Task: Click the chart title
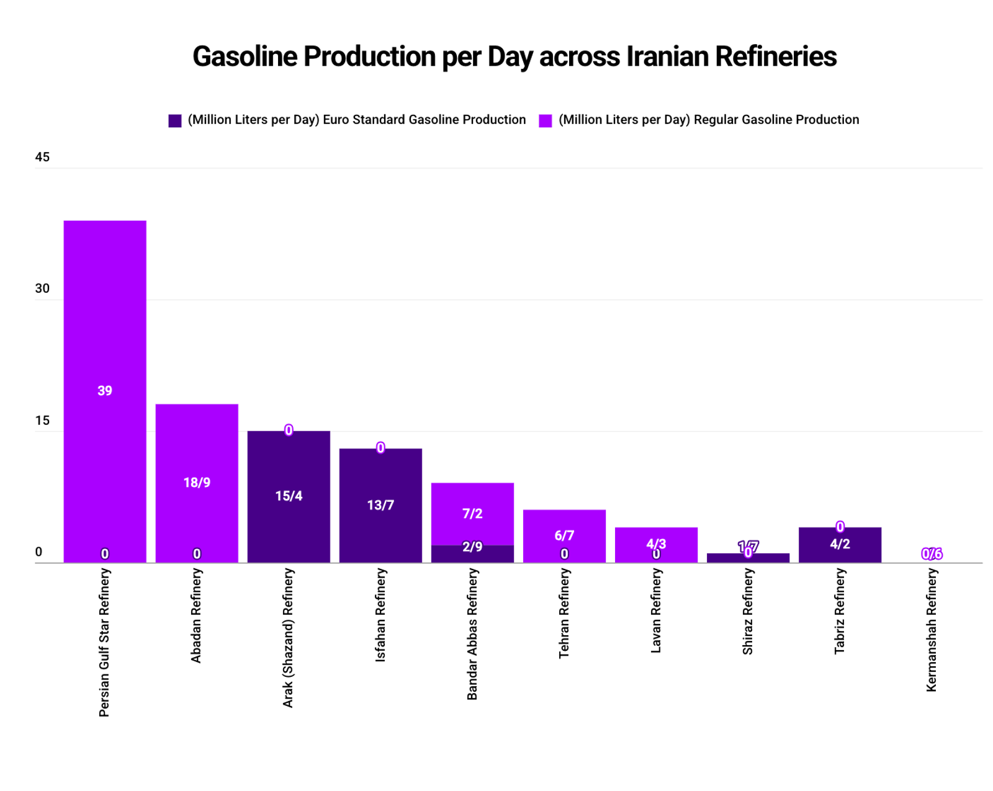[x=514, y=56]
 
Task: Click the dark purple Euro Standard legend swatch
[x=175, y=120]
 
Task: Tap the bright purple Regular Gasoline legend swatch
[x=545, y=120]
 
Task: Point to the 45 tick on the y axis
[x=42, y=157]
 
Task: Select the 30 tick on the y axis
[x=42, y=288]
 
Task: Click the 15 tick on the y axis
[x=42, y=421]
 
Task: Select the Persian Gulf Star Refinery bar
[x=105, y=310]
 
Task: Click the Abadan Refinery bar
[x=197, y=447]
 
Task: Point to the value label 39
[x=105, y=391]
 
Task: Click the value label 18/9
[x=197, y=483]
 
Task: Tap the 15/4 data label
[x=289, y=496]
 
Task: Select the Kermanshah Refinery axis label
[x=931, y=630]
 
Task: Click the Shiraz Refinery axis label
[x=747, y=612]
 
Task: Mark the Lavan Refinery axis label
[x=655, y=611]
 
